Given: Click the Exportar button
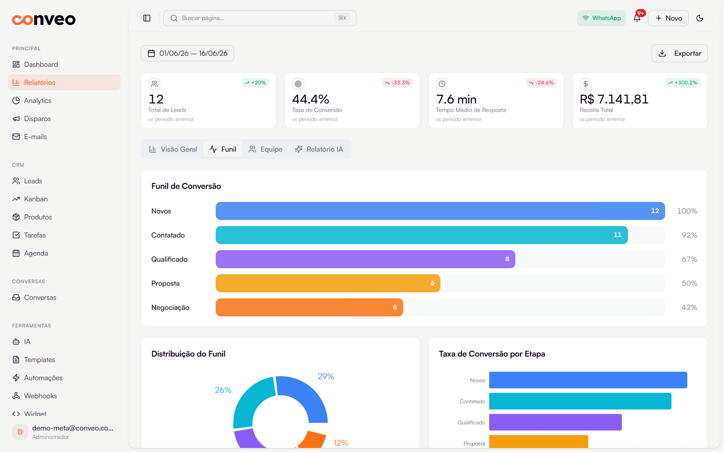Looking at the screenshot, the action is click(x=680, y=53).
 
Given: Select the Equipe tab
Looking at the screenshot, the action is click(x=265, y=149).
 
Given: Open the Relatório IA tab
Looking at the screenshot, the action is click(x=319, y=149).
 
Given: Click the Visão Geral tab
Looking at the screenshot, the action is click(x=173, y=149).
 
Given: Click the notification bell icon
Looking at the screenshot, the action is click(x=637, y=18).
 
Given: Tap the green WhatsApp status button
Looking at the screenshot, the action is click(x=601, y=18).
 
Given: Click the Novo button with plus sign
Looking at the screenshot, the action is click(x=668, y=18).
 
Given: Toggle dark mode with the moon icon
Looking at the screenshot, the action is click(x=700, y=18).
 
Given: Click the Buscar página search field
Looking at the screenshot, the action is click(x=260, y=18).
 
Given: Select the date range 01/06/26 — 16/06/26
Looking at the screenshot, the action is click(x=188, y=53).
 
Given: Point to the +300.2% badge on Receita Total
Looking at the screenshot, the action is click(x=683, y=83).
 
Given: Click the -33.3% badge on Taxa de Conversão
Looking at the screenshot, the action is click(x=397, y=83).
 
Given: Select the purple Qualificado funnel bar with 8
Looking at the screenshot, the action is click(x=365, y=259).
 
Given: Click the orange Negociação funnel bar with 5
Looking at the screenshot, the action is click(x=309, y=307).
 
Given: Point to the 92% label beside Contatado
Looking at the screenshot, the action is click(x=689, y=235).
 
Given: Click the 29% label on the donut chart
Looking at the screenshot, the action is click(x=326, y=376).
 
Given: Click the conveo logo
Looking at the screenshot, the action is click(x=44, y=20).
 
